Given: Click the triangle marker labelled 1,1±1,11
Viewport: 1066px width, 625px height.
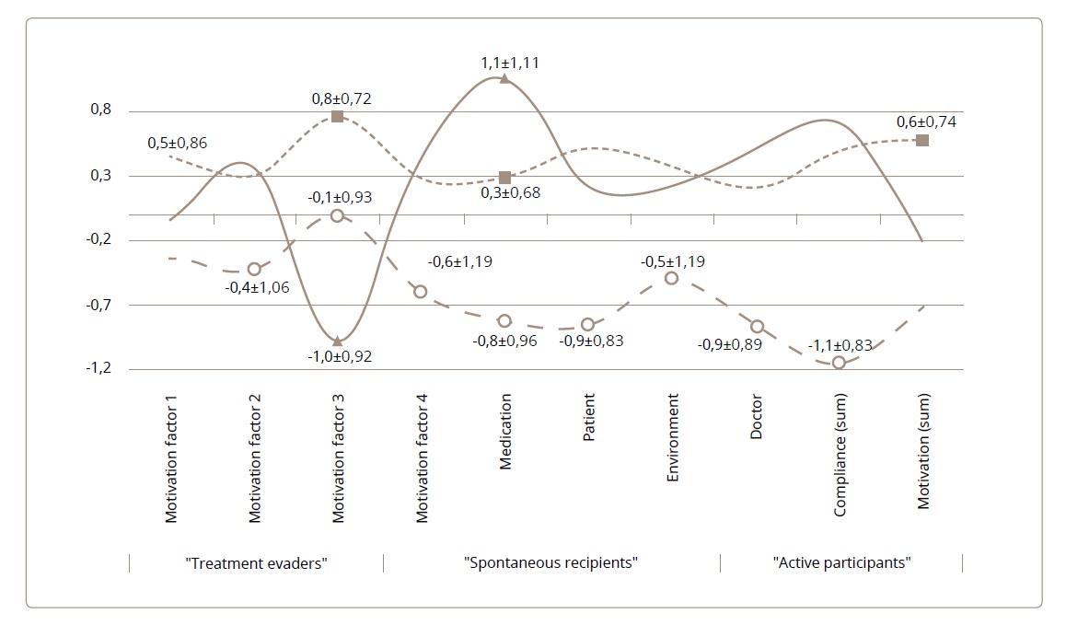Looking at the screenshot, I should tap(504, 79).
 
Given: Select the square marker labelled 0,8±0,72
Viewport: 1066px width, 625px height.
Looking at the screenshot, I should tap(338, 116).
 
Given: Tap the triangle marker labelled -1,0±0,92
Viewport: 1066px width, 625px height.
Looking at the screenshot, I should tap(338, 341).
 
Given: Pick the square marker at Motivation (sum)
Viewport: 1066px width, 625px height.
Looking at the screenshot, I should tap(922, 140).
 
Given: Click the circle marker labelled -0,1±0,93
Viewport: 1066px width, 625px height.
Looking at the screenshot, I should tap(337, 215).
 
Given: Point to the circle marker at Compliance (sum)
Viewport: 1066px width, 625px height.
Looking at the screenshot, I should tap(839, 363).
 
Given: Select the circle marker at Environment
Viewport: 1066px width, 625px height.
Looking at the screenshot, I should tap(672, 278).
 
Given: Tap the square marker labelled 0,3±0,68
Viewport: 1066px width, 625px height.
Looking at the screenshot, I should tap(504, 178).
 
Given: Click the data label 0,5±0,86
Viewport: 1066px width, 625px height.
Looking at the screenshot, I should tap(178, 143).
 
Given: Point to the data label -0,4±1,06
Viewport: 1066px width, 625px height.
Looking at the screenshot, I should tap(257, 287).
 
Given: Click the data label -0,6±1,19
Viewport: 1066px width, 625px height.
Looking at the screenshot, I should tap(459, 261).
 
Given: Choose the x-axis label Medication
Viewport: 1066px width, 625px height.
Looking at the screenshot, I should tap(505, 432).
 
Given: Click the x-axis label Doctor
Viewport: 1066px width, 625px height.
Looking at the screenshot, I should tap(757, 418).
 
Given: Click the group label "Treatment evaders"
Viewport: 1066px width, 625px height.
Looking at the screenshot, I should tap(256, 562).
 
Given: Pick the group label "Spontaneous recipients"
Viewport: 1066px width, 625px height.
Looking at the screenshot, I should tap(551, 562).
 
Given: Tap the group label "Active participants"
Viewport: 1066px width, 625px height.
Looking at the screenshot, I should tap(841, 562).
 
